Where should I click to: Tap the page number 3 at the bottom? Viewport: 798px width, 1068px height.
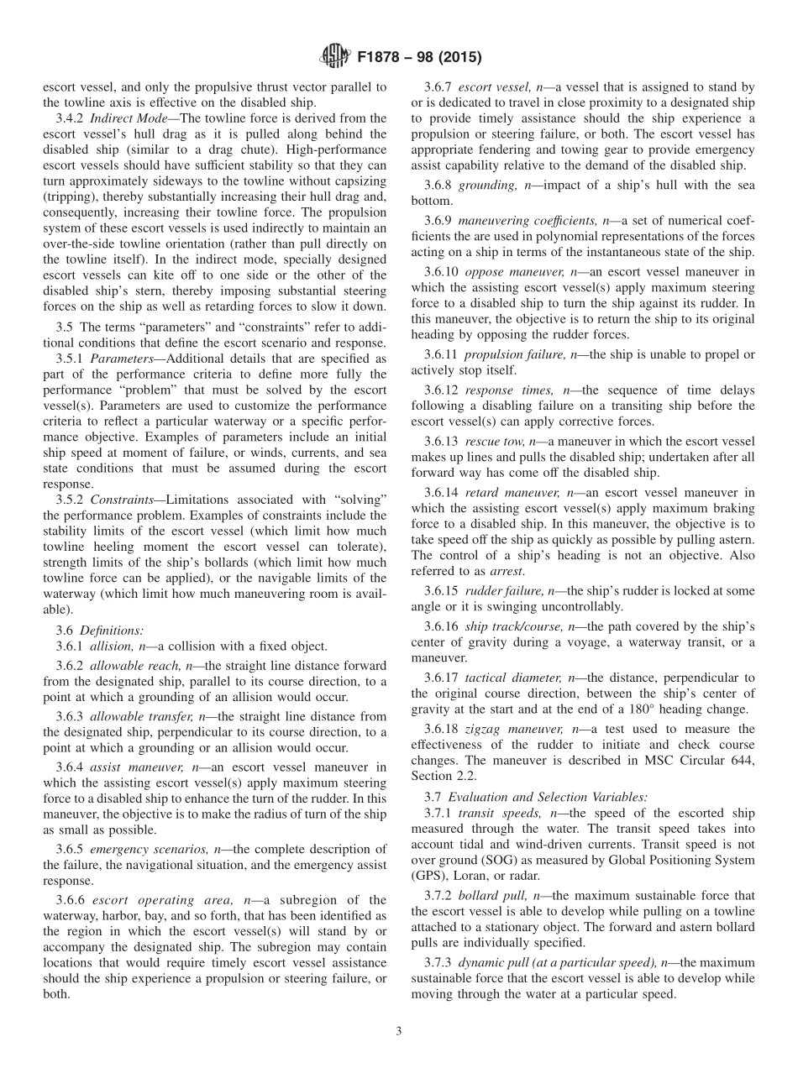pos(399,1031)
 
